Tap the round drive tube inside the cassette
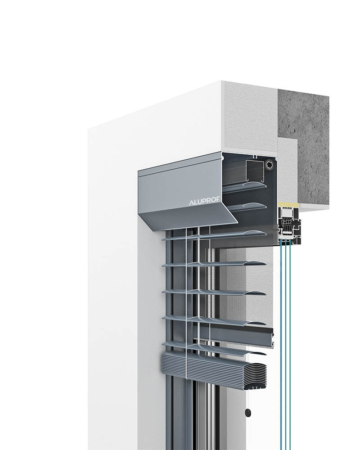(x=270, y=164)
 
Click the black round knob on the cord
(x=247, y=413)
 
